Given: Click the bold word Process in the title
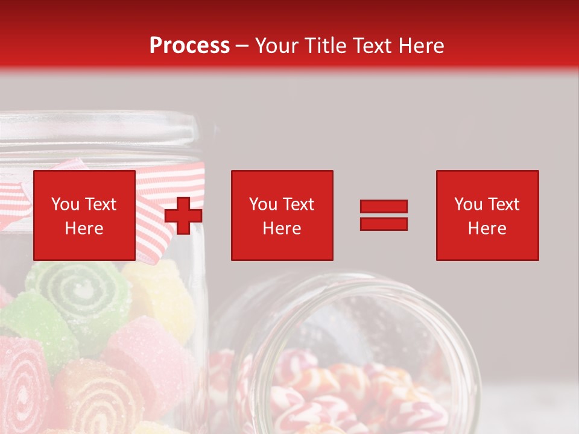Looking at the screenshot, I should (x=189, y=45).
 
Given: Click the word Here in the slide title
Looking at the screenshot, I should (x=421, y=45).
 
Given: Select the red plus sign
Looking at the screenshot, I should (x=183, y=215).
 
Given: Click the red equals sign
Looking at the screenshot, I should (x=384, y=215).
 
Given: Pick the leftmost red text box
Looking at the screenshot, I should (x=84, y=215).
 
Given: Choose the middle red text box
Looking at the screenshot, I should (x=282, y=215).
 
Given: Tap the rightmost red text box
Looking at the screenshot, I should (x=487, y=215).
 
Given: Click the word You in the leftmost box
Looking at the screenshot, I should (x=65, y=204).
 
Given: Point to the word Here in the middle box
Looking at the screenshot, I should (x=282, y=228).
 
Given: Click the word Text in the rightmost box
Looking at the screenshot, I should (x=504, y=204).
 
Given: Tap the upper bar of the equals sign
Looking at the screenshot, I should (x=384, y=207).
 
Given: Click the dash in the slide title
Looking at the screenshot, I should (x=242, y=45).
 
